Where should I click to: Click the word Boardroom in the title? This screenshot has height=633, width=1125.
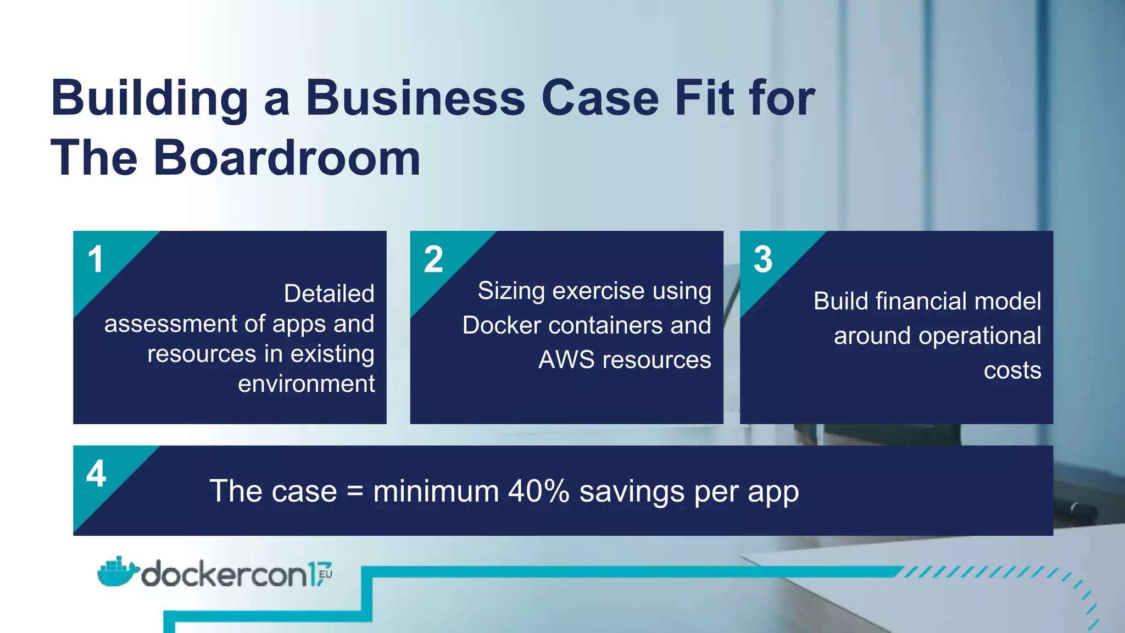(x=287, y=158)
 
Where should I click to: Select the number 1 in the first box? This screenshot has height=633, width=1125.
(x=96, y=259)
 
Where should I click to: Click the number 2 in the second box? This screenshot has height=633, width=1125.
(x=433, y=259)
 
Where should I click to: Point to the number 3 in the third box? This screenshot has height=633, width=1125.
(x=763, y=259)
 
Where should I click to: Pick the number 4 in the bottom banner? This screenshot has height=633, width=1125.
(x=96, y=474)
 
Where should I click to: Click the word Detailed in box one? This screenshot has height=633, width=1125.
(x=329, y=293)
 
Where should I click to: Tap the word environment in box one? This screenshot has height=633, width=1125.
(x=307, y=384)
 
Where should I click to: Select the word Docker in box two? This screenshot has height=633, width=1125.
(x=502, y=325)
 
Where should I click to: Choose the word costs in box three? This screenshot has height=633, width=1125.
(x=1012, y=370)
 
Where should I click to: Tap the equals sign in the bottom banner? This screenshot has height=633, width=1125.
(x=355, y=491)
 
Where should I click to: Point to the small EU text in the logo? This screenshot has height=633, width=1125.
(x=325, y=574)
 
